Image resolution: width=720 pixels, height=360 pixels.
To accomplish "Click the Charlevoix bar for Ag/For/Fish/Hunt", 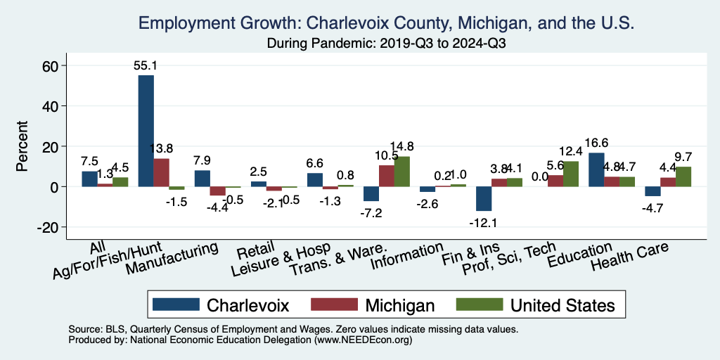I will pyautogui.click(x=146, y=131).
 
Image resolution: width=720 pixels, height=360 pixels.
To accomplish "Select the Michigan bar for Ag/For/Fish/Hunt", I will pyautogui.click(x=161, y=173).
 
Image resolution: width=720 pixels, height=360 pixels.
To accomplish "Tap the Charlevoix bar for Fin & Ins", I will pyautogui.click(x=484, y=199).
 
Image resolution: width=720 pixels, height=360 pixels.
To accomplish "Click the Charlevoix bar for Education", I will pyautogui.click(x=596, y=169).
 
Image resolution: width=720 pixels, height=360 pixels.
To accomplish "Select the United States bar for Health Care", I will pyautogui.click(x=683, y=176).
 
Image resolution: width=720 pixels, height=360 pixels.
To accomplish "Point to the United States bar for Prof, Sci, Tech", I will pyautogui.click(x=571, y=174).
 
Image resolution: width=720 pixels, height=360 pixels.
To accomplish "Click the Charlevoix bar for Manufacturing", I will pyautogui.click(x=202, y=179).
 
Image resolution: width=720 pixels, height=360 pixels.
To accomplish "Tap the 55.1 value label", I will pyautogui.click(x=146, y=65).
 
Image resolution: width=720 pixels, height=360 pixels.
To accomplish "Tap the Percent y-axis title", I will pyautogui.click(x=23, y=146).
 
